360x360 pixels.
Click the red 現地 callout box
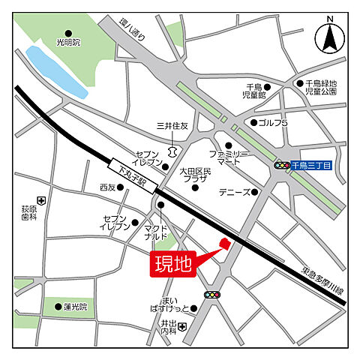173,263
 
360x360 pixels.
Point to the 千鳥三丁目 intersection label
310,165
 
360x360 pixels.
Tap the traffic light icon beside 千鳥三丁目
282,165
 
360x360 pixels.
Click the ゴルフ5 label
274,122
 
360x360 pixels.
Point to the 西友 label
109,187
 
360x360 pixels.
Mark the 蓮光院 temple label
76,307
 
